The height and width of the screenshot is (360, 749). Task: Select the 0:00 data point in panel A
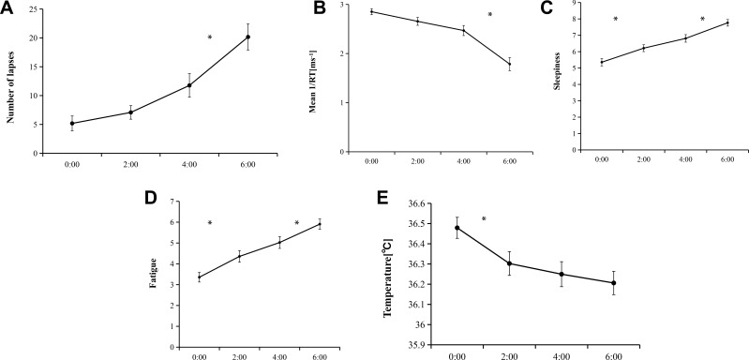[72, 123]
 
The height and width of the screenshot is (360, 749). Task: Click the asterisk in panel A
[210, 38]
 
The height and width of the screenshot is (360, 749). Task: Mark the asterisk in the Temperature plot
[484, 220]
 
